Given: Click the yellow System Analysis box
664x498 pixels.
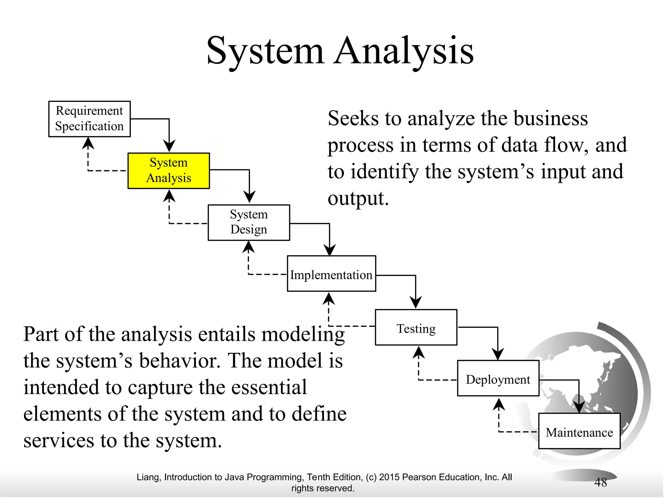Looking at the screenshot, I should [169, 171].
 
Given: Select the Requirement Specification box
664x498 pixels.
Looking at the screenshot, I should [89, 119].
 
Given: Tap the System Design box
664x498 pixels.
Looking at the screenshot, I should [249, 222].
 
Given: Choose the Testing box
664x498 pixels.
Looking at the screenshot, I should [416, 327].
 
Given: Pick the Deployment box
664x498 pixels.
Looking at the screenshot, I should [498, 378].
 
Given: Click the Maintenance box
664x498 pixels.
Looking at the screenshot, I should [579, 431].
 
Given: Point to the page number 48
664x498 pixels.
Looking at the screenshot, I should [600, 482].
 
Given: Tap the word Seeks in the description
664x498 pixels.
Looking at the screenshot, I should [353, 118].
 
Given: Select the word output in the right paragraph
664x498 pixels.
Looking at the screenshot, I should [358, 198].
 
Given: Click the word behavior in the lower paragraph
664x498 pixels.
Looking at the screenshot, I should [180, 361].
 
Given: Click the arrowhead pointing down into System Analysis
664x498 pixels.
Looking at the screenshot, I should [169, 146].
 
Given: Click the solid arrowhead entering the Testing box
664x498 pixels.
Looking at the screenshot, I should [416, 302].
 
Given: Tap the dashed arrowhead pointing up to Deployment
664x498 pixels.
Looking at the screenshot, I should [499, 404].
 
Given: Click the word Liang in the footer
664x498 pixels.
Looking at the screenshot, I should [148, 477].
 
